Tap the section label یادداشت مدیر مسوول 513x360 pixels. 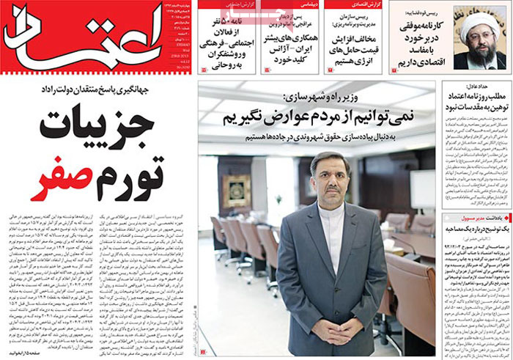(x=483, y=218)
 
